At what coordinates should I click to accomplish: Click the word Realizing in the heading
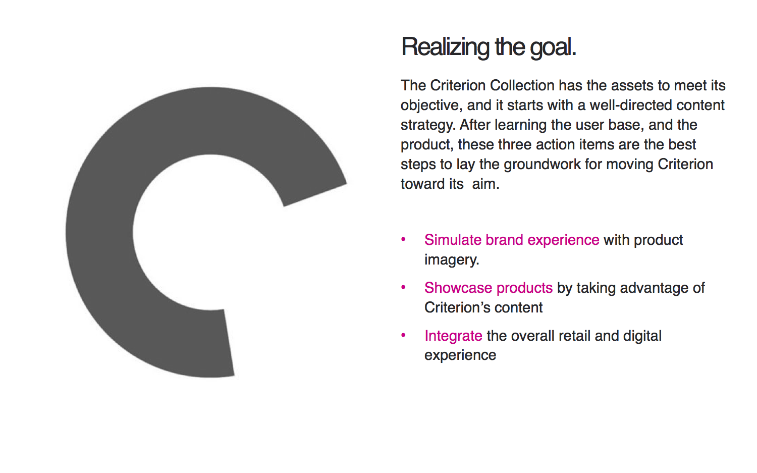coord(445,47)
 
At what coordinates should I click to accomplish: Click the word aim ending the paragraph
coord(485,184)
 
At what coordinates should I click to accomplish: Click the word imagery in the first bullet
coord(452,260)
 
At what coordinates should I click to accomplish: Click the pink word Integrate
coord(454,336)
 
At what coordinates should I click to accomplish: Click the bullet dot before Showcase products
coord(403,287)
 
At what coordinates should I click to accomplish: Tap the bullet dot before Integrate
coord(403,335)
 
